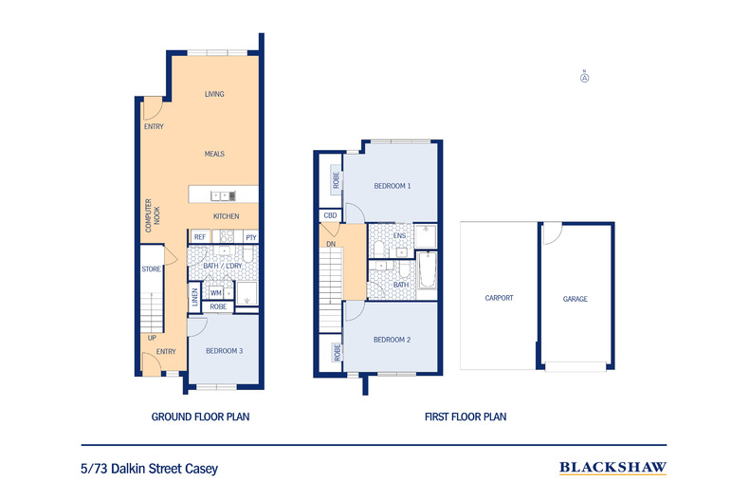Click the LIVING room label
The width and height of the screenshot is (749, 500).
(x=214, y=94)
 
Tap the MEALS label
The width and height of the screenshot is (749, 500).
(x=214, y=154)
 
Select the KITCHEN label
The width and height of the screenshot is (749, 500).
(x=226, y=216)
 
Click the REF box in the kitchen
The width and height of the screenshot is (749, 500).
(x=200, y=237)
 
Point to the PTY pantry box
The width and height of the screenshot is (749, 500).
(x=250, y=237)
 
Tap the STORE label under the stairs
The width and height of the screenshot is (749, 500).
(x=151, y=269)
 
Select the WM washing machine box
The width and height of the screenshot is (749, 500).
(x=216, y=294)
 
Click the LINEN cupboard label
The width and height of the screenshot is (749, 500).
(x=195, y=297)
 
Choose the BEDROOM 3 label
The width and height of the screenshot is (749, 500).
(x=224, y=351)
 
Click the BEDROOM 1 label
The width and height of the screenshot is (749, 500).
(x=392, y=186)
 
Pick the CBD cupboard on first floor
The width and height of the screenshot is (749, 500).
(x=330, y=216)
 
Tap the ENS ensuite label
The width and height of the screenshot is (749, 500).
(x=399, y=236)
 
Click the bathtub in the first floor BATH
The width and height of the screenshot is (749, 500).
(x=427, y=271)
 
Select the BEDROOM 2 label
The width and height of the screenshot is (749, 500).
(x=392, y=340)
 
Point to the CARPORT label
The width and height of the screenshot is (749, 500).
(x=499, y=298)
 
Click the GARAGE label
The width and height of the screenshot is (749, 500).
(x=575, y=299)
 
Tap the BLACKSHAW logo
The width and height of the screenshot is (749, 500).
(x=612, y=467)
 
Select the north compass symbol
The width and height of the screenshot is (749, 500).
(x=585, y=78)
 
